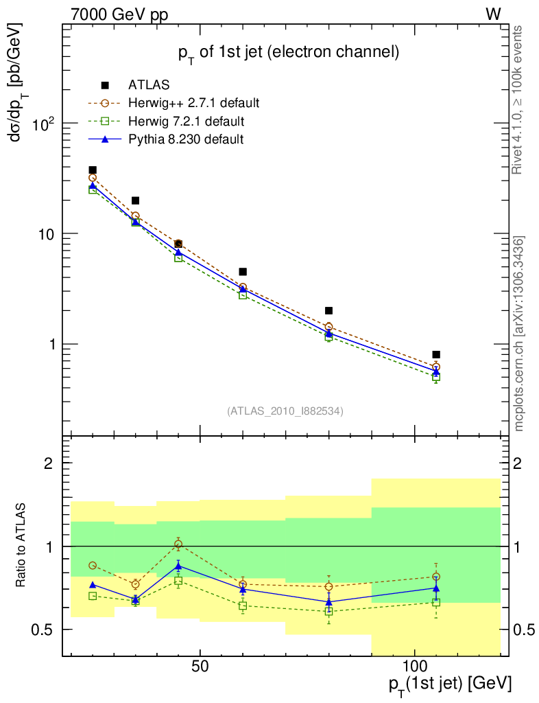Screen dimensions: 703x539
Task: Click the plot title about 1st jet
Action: click(x=288, y=53)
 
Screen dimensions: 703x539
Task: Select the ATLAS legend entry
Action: click(x=149, y=86)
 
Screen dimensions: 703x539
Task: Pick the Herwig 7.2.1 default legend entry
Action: click(x=187, y=122)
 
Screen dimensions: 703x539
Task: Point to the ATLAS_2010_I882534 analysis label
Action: click(x=285, y=411)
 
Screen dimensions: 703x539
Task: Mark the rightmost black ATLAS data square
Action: click(x=436, y=355)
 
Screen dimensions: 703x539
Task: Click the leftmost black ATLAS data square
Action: click(x=93, y=170)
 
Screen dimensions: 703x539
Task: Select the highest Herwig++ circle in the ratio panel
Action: click(x=178, y=544)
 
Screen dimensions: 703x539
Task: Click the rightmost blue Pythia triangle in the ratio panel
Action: click(x=436, y=588)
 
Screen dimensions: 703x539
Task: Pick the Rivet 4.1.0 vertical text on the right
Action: click(x=519, y=100)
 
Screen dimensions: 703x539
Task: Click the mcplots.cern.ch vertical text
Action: click(x=519, y=333)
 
